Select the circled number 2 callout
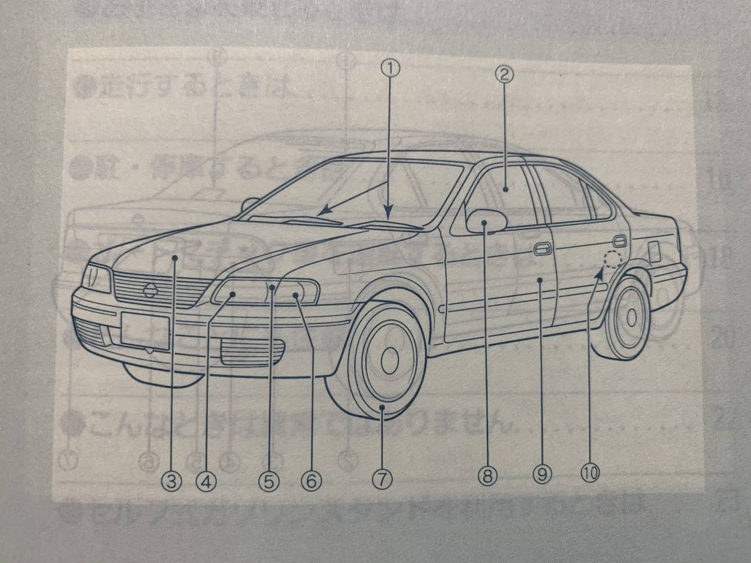pyautogui.click(x=504, y=75)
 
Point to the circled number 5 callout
pyautogui.click(x=269, y=480)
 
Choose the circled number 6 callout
pyautogui.click(x=310, y=480)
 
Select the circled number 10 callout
pyautogui.click(x=590, y=473)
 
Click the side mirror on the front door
pyautogui.click(x=486, y=220)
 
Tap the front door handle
pyautogui.click(x=542, y=250)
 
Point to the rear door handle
pyautogui.click(x=619, y=241)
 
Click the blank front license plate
pyautogui.click(x=145, y=331)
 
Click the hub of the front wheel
pyautogui.click(x=389, y=360)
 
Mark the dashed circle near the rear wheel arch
pyautogui.click(x=613, y=258)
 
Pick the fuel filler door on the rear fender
pyautogui.click(x=653, y=251)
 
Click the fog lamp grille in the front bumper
pyautogui.click(x=252, y=351)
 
